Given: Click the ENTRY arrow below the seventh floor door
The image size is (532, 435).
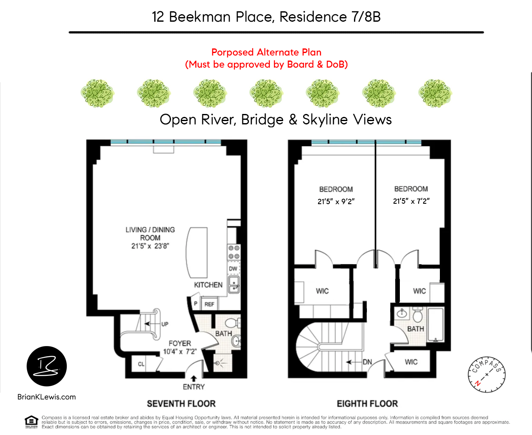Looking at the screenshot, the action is (194, 378).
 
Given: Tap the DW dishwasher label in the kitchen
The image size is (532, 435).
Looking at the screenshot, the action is (233, 268).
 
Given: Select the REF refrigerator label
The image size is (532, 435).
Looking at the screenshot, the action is (209, 304).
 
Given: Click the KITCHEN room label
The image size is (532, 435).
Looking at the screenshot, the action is (208, 285).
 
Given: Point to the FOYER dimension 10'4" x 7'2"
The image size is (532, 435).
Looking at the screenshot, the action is (180, 352).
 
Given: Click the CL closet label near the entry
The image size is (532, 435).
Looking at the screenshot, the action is (141, 364).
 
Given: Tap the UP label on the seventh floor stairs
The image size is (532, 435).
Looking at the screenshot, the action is (165, 324).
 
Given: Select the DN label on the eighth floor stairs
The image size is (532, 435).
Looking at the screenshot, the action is (367, 362).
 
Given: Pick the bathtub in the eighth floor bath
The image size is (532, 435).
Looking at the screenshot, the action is (436, 325).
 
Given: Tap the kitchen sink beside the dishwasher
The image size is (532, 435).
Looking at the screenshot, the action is (234, 285).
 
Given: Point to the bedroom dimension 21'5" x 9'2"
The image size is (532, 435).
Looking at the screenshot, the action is (336, 201).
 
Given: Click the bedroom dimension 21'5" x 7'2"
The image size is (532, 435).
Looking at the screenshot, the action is (411, 201).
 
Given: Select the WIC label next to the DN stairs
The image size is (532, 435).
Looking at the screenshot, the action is (411, 362).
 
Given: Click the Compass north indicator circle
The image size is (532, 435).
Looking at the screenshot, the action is (487, 374).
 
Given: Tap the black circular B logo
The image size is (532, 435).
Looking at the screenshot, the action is (47, 366).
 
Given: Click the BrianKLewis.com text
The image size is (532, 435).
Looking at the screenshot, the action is (47, 397).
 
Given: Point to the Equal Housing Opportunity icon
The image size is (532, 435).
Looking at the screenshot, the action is (31, 422).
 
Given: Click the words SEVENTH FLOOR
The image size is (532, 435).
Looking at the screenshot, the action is (181, 404).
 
